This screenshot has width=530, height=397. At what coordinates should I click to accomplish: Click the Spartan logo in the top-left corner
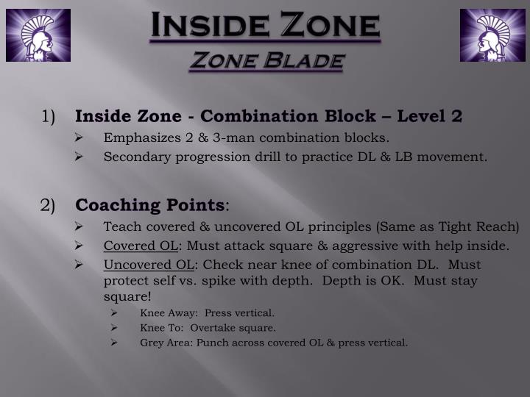click(38, 35)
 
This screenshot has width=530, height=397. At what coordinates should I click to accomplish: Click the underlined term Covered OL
click(140, 246)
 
